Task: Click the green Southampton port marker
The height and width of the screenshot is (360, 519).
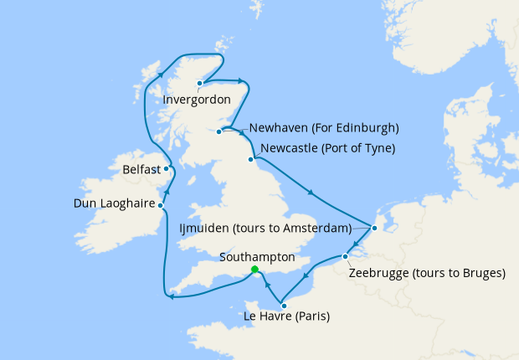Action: click(254, 269)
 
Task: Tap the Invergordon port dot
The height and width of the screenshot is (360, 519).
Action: click(199, 83)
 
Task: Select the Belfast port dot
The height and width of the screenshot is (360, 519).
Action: click(167, 168)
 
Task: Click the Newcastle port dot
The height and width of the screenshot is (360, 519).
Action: click(250, 159)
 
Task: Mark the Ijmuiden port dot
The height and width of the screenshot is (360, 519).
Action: click(374, 228)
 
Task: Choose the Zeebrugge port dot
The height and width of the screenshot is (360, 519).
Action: click(345, 256)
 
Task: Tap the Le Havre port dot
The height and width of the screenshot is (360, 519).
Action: click(284, 306)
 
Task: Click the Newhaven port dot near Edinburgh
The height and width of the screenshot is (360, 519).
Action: click(221, 131)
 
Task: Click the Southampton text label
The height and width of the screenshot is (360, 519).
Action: click(256, 256)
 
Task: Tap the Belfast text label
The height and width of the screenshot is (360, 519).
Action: click(141, 169)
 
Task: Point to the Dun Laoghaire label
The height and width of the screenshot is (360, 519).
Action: click(113, 203)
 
